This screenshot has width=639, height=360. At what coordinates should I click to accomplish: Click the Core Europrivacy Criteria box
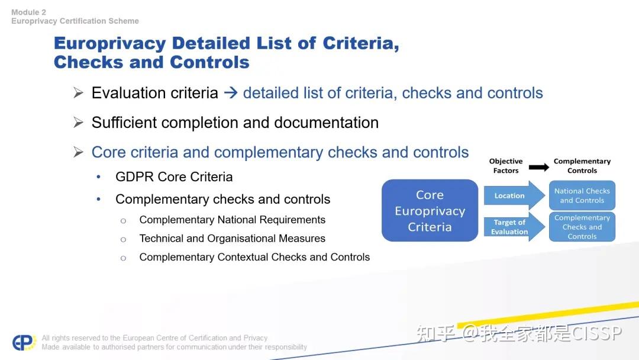[x=430, y=211]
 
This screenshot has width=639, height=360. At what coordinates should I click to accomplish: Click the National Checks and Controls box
[x=582, y=195]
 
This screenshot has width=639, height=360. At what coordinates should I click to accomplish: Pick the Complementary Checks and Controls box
[x=582, y=227]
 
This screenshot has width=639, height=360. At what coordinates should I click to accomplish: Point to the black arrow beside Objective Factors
[x=538, y=167]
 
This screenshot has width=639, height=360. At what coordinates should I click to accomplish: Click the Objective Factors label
[x=506, y=166]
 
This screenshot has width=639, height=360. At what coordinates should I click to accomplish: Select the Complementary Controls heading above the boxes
[x=582, y=166]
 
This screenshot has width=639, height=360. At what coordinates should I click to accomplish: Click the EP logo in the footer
[x=24, y=343]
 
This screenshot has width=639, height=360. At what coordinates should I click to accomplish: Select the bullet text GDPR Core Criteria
[x=174, y=176]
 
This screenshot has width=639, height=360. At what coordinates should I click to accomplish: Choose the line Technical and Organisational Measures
[x=232, y=239]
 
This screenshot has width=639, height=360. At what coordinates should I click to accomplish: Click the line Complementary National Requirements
[x=232, y=220]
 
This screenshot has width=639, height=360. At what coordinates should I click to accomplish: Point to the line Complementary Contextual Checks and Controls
[x=254, y=257]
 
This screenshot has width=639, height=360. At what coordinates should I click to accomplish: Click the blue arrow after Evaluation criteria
[x=231, y=93]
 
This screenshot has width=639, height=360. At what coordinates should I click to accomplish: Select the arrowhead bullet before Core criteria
[x=78, y=152]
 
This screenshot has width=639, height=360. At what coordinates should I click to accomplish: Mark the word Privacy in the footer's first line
[x=256, y=338]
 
